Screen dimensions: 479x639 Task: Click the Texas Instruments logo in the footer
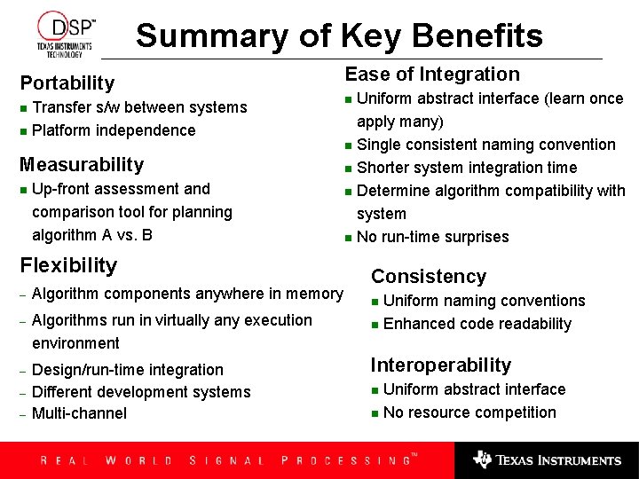[547, 460]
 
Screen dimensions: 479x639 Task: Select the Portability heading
[67, 83]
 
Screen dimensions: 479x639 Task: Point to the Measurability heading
[82, 165]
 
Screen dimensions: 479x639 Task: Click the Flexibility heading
[68, 265]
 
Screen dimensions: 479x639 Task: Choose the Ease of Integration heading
[432, 75]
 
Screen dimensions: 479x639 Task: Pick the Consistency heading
[429, 277]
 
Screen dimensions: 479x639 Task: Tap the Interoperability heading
[441, 365]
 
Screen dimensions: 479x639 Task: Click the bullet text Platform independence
[114, 130]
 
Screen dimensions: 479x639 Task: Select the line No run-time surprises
[433, 237]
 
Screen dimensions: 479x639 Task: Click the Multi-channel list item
[79, 413]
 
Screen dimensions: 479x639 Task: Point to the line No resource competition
[469, 412]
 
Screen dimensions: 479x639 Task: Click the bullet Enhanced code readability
[477, 324]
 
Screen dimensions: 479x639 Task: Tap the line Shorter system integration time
[467, 168]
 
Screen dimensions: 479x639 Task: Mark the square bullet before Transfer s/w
[23, 108]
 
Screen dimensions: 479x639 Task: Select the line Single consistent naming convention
[486, 145]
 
